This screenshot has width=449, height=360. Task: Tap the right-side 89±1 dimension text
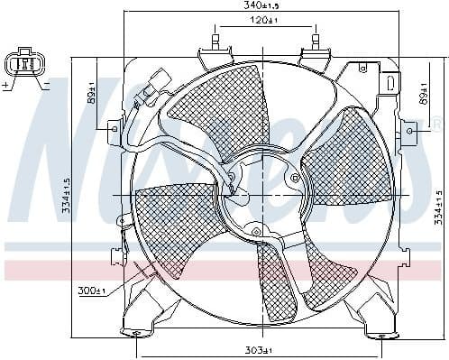point(424,93)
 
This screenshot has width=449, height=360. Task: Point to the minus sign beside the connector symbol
point(46,84)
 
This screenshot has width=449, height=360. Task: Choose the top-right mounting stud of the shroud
point(315,42)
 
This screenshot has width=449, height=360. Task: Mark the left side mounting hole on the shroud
point(113,129)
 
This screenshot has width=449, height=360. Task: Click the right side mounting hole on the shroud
point(409,131)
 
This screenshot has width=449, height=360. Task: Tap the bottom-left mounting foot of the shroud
point(135,331)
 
